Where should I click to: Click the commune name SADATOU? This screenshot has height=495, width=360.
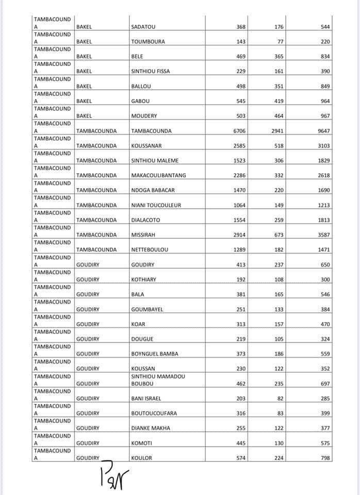[143, 27]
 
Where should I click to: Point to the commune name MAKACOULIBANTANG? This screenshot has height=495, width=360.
[158, 175]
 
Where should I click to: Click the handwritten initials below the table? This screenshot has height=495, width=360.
[116, 474]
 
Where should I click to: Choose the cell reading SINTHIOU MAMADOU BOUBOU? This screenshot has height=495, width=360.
[157, 381]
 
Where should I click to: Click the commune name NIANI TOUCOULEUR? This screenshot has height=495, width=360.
[156, 205]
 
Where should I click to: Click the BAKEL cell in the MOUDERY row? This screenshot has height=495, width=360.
[84, 116]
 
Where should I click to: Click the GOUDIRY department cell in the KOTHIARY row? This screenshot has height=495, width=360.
[88, 279]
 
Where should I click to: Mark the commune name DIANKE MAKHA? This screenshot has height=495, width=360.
[150, 428]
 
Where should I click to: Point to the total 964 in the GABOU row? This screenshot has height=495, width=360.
[324, 101]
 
